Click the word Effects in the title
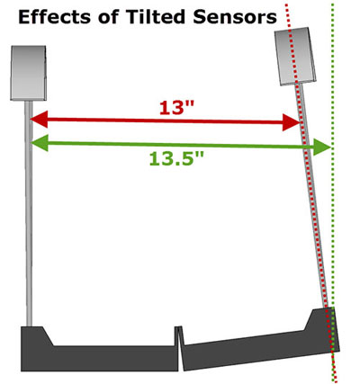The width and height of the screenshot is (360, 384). (x=54, y=17)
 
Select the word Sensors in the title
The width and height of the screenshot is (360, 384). (x=235, y=17)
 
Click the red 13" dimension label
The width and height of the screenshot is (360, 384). (x=177, y=107)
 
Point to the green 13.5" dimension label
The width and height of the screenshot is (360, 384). (x=176, y=158)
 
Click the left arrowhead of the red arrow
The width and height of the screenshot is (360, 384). (x=39, y=120)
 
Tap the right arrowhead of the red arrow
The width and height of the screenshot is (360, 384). (x=291, y=122)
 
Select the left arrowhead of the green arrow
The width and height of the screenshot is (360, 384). (x=39, y=143)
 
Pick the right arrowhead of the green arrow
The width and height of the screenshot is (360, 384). (x=322, y=147)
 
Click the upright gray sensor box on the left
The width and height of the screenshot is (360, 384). (x=29, y=73)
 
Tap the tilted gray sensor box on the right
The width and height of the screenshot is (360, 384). (x=295, y=57)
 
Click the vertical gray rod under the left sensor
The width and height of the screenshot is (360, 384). (x=29, y=213)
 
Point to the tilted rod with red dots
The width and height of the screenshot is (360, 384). (x=313, y=195)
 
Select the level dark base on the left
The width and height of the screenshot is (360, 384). (x=99, y=349)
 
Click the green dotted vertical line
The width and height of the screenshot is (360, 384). (x=333, y=192)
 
